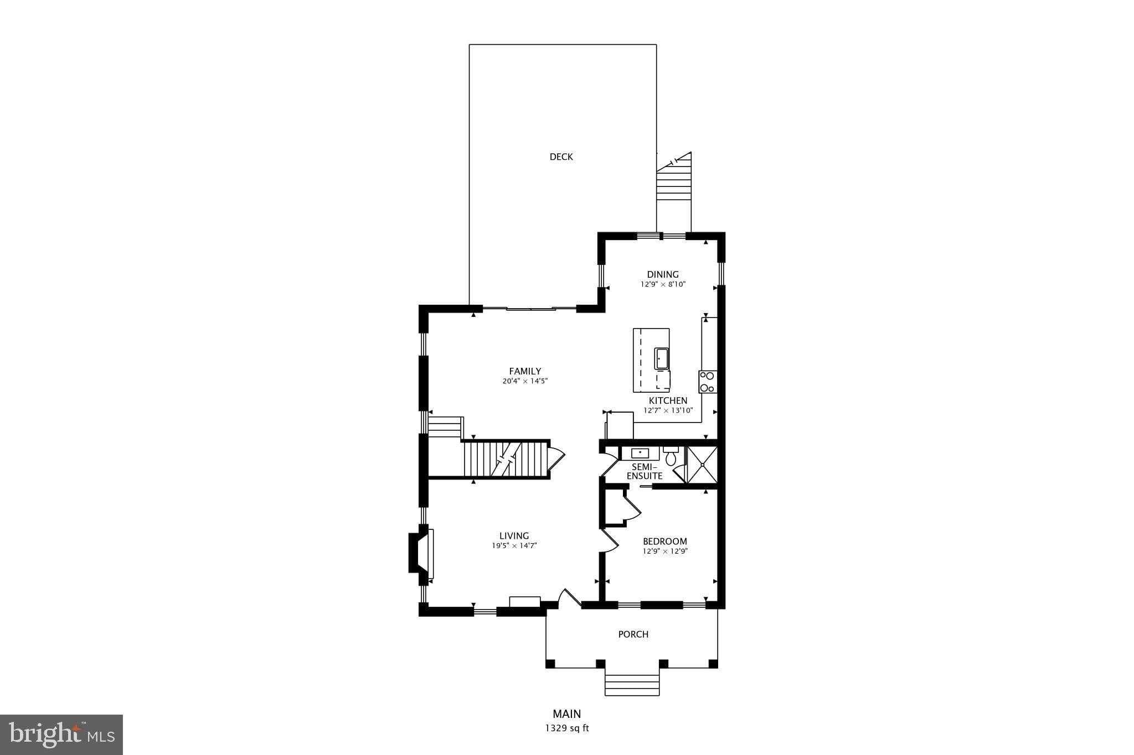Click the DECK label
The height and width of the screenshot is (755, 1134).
(561, 157)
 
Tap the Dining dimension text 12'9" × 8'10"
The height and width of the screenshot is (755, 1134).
(663, 284)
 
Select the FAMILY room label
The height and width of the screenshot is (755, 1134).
(525, 371)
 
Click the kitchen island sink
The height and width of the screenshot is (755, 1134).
(662, 358)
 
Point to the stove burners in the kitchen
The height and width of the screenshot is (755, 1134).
(707, 382)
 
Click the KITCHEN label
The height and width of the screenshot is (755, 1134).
(668, 400)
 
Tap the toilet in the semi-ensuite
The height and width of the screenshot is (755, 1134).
(671, 457)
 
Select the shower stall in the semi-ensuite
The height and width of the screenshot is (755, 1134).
(702, 464)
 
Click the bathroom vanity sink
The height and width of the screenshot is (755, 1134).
(640, 453)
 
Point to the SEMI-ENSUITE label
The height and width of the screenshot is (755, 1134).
(644, 471)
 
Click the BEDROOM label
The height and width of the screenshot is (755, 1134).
(664, 541)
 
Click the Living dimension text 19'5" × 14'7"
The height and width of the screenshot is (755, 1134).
(514, 545)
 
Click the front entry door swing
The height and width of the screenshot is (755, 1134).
(569, 598)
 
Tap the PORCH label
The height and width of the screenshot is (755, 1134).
(633, 634)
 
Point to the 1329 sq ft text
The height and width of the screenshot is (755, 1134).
(567, 728)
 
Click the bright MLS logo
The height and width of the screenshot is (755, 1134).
(61, 734)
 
